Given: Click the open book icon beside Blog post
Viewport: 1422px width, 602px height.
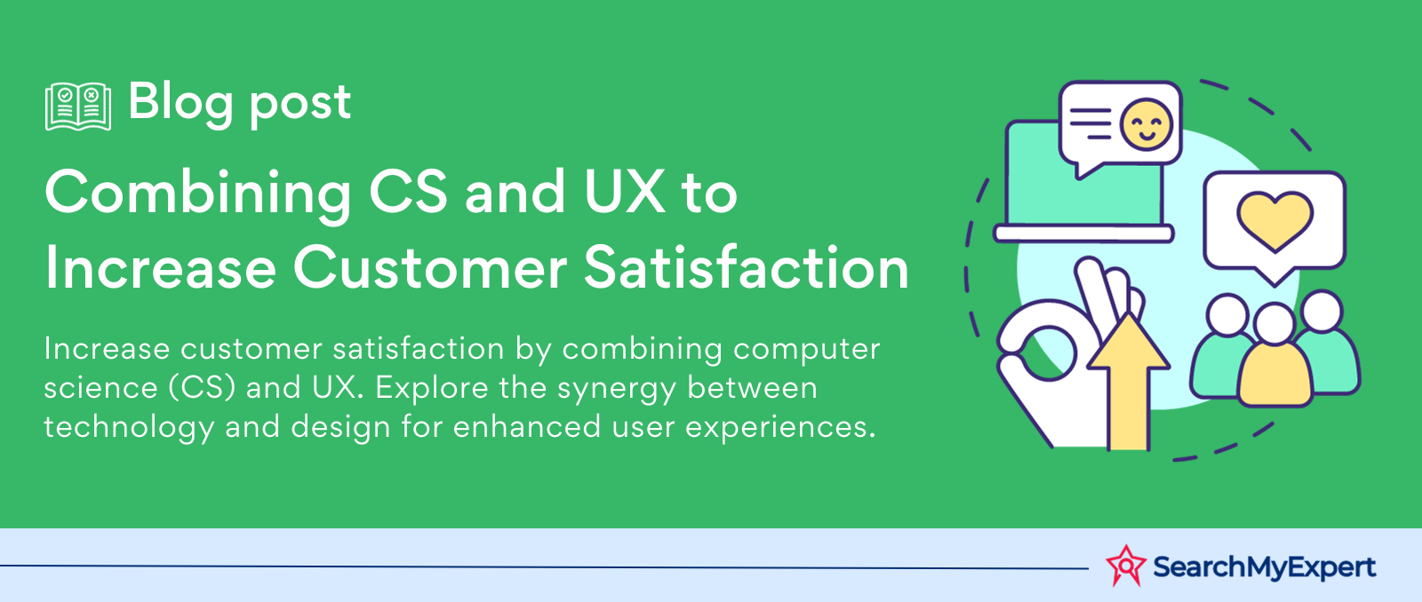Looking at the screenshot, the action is pyautogui.click(x=78, y=106).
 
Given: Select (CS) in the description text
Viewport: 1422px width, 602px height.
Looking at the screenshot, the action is pyautogui.click(x=203, y=388).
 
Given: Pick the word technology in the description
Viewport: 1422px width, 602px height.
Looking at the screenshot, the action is pyautogui.click(x=129, y=428).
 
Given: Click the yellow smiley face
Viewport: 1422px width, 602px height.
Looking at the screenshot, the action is pyautogui.click(x=1146, y=123).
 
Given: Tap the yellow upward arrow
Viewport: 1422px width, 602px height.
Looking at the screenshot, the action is pyautogui.click(x=1129, y=382).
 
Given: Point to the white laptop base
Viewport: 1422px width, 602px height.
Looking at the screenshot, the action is pyautogui.click(x=1083, y=234).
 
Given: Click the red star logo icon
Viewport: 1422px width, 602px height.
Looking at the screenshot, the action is pyautogui.click(x=1125, y=566).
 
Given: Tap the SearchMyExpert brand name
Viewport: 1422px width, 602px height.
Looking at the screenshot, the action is pyautogui.click(x=1264, y=567).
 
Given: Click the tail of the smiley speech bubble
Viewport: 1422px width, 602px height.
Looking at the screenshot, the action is pyautogui.click(x=1087, y=170).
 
